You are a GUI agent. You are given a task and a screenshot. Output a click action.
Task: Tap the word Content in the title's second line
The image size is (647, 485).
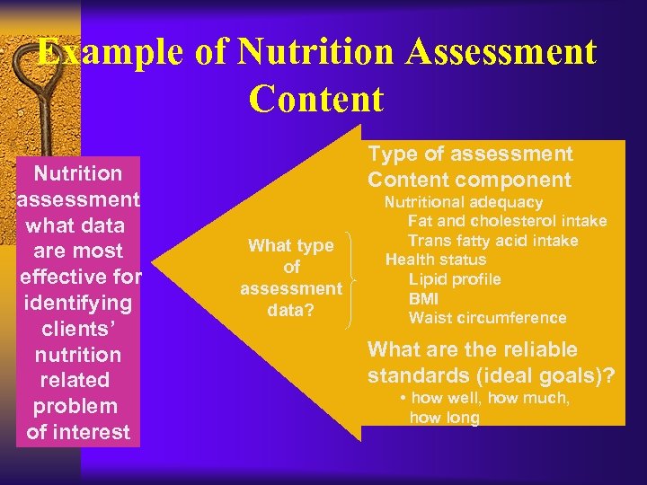(x=317, y=99)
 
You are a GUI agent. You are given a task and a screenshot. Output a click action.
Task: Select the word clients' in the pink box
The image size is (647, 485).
(x=77, y=328)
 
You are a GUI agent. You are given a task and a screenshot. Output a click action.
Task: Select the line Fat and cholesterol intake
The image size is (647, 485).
(x=507, y=221)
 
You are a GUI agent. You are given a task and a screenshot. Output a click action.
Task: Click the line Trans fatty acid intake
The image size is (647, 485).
(x=492, y=241)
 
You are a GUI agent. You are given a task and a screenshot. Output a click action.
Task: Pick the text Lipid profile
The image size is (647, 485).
(x=455, y=279)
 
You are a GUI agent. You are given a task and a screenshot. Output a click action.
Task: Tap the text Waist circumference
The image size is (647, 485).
(x=487, y=318)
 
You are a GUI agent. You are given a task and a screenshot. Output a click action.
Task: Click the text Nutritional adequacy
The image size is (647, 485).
(x=464, y=202)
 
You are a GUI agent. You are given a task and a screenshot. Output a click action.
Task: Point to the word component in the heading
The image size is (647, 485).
(x=520, y=179)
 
